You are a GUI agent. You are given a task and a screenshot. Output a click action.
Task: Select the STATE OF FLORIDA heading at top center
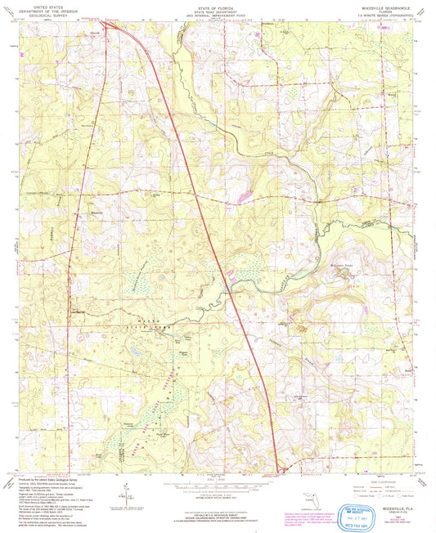[218, 5]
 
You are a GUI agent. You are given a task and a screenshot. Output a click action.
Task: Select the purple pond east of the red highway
[245, 198]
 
